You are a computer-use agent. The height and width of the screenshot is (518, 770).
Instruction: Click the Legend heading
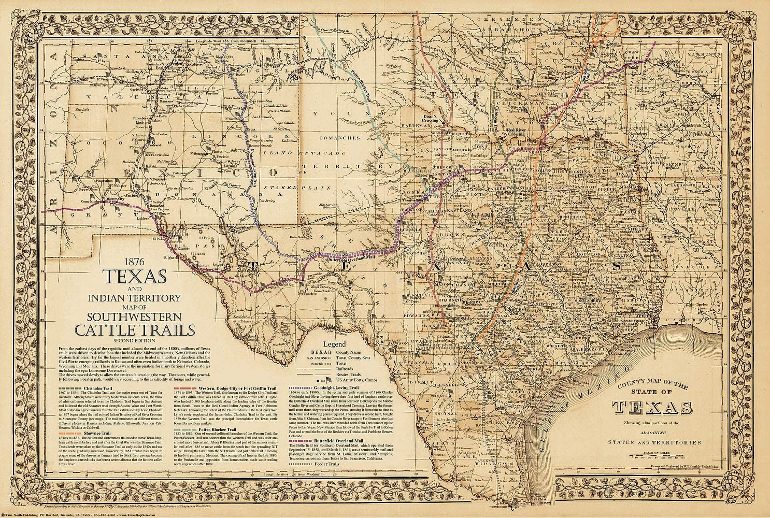(335, 344)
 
